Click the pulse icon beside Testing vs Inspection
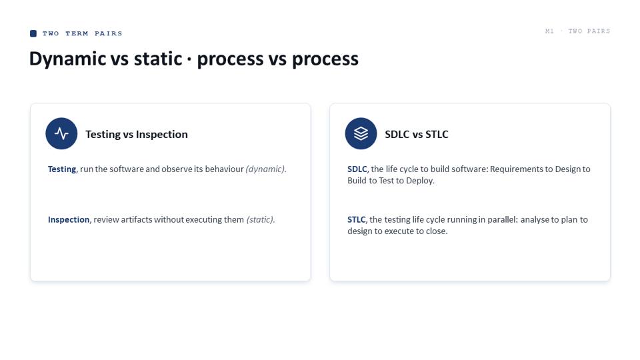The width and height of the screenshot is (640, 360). coord(61,133)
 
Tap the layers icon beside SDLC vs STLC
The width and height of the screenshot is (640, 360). coord(361,133)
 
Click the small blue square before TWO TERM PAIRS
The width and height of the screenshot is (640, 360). coord(33,33)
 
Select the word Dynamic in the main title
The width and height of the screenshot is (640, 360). coord(68,59)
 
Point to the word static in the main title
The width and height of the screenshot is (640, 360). coord(158,59)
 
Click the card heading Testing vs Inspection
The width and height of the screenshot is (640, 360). coord(136,134)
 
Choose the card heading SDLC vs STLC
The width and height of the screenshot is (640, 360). coord(416,134)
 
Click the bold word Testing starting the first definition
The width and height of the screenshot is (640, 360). coord(61,169)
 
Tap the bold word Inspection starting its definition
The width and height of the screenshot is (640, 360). coord(69,219)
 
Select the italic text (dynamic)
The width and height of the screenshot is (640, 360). coord(266,169)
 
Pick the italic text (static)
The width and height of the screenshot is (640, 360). coord(261,219)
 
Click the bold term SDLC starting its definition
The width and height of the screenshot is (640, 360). coord(357,169)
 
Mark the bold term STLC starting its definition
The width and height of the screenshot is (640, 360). coord(356,219)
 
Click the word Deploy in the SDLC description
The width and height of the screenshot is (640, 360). coord(419,181)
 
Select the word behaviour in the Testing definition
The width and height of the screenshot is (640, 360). coord(224,169)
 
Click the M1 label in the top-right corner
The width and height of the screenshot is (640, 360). coord(549,31)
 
